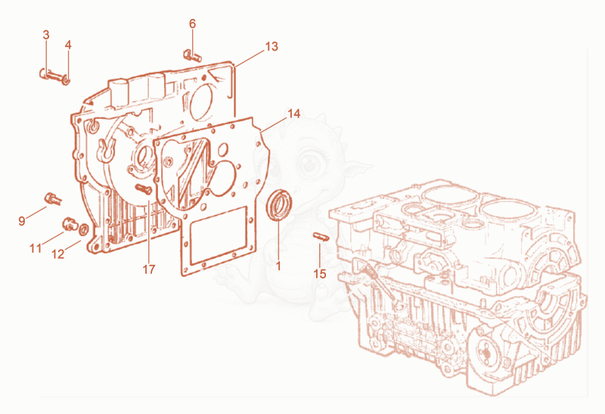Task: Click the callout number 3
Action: pyautogui.click(x=46, y=35)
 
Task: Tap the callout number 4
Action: pyautogui.click(x=68, y=45)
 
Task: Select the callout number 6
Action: pyautogui.click(x=193, y=24)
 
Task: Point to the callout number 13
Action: pyautogui.click(x=271, y=46)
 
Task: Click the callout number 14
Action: pyautogui.click(x=293, y=114)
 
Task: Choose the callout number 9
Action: pyautogui.click(x=22, y=221)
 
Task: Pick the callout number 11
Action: pyautogui.click(x=36, y=248)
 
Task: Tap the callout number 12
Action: pyautogui.click(x=58, y=254)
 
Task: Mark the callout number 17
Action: pyautogui.click(x=149, y=269)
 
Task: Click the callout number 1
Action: pyautogui.click(x=278, y=266)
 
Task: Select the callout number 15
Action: pyautogui.click(x=320, y=274)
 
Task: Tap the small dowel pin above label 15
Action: pyautogui.click(x=320, y=236)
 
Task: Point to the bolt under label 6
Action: pyautogui.click(x=192, y=55)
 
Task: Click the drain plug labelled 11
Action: pyautogui.click(x=70, y=224)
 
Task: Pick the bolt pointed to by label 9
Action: pyautogui.click(x=53, y=199)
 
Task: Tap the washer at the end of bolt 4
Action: pyautogui.click(x=66, y=81)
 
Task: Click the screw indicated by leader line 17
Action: pyautogui.click(x=144, y=189)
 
